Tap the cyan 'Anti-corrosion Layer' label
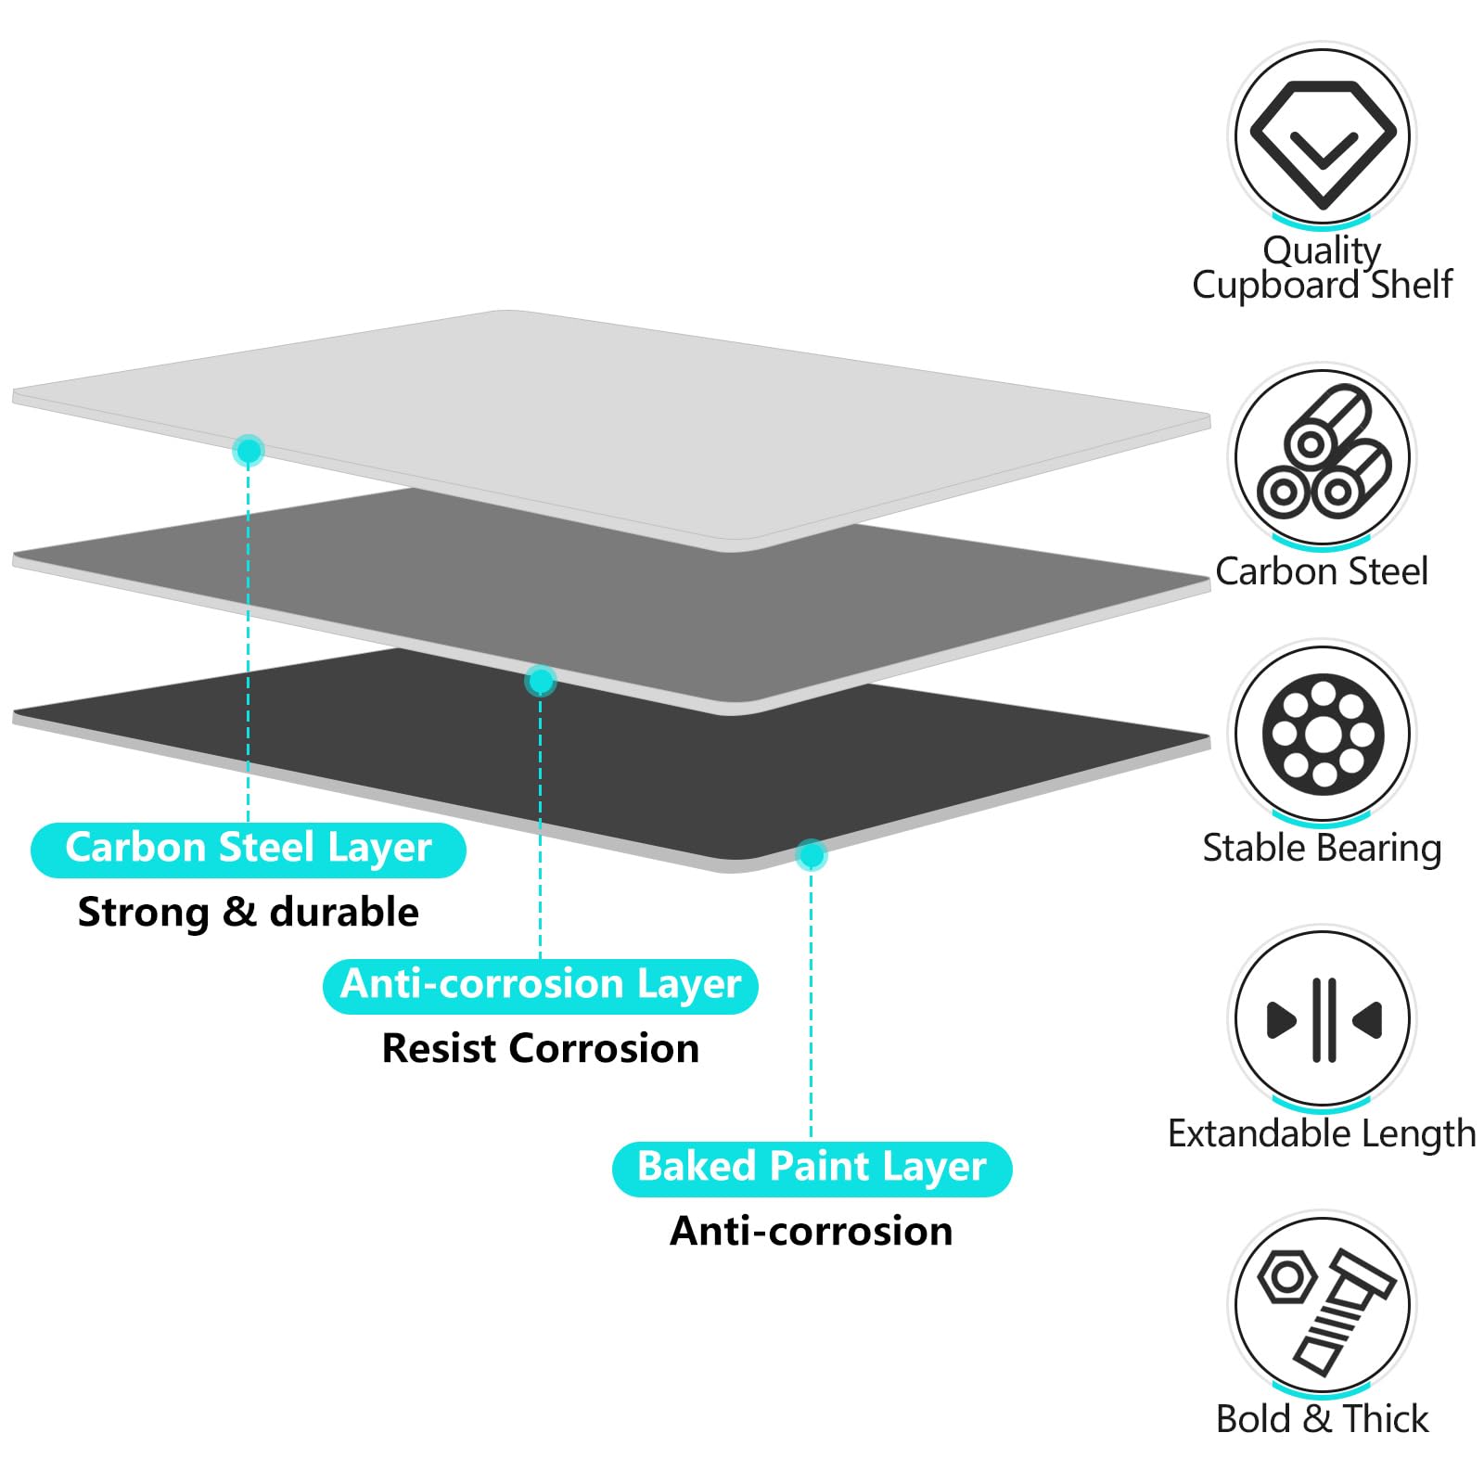point(541,986)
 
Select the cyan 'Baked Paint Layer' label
point(812,1169)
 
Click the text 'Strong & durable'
point(248,913)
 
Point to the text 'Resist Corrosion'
point(541,1048)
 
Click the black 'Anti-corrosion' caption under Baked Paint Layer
point(812,1231)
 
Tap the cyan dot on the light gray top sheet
point(249,451)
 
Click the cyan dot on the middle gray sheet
point(541,681)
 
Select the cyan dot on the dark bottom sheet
point(811,854)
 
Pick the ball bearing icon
point(1323,734)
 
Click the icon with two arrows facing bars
point(1324,1019)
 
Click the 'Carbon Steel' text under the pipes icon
point(1322,571)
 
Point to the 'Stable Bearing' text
point(1322,849)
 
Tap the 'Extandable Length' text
point(1322,1133)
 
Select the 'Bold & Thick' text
point(1322,1419)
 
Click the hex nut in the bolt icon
point(1286,1277)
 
